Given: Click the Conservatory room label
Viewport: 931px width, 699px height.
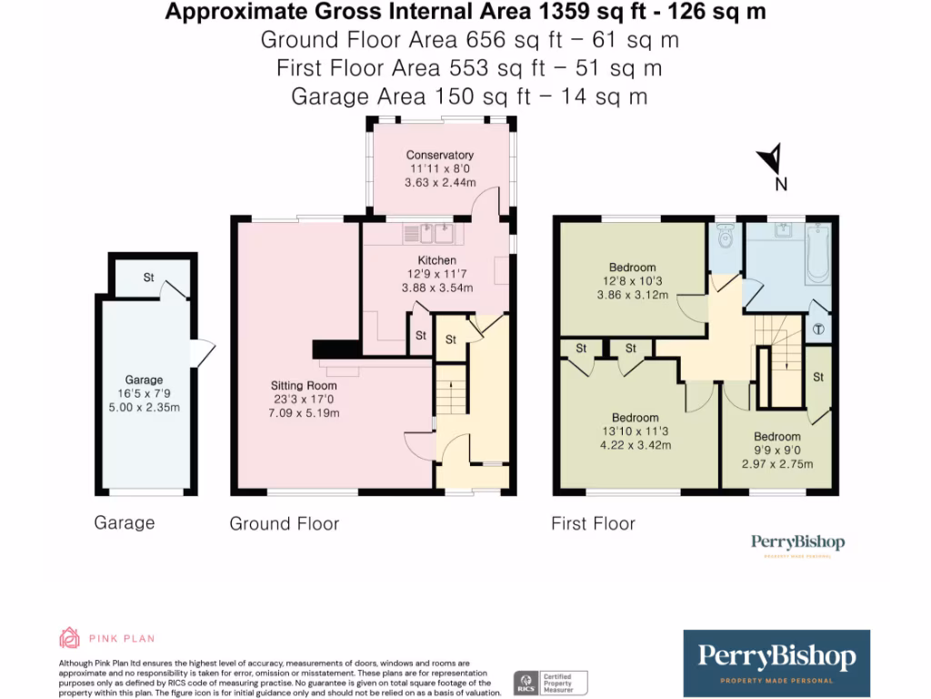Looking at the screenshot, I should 439,155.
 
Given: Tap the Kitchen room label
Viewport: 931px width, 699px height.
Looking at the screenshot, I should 437,260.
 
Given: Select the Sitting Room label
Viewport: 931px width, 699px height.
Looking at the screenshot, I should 304,386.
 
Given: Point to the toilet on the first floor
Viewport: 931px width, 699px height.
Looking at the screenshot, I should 725,238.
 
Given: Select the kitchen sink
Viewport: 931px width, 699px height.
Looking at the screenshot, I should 433,235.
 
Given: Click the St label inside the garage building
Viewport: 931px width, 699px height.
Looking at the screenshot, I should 147,278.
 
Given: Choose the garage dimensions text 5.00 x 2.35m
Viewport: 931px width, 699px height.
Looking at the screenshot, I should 144,407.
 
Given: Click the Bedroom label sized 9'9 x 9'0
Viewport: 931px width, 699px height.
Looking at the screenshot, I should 776,437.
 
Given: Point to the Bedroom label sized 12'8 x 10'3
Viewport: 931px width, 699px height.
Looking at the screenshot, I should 632,267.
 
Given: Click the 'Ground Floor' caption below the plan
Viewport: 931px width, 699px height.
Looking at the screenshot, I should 284,523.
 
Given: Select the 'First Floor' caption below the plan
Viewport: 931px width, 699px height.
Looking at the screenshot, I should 593,523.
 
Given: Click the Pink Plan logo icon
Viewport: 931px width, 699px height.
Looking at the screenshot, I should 70,637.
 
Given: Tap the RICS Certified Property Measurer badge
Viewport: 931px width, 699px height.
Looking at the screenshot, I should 551,682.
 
